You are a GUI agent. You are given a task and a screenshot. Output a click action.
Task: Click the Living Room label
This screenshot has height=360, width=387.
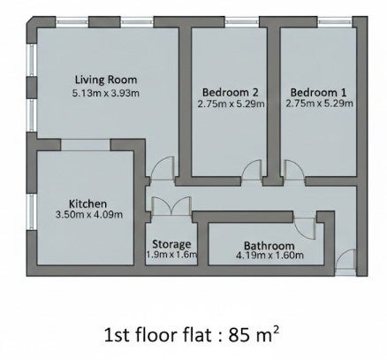[x=106, y=80]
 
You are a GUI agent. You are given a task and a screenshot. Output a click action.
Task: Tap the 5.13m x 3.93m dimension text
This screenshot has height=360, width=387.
[x=106, y=93]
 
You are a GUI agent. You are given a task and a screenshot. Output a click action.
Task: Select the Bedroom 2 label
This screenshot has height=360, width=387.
[x=230, y=92]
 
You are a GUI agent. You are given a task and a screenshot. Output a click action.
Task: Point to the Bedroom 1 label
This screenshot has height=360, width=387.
[x=318, y=92]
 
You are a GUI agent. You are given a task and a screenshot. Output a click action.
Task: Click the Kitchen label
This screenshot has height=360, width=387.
[x=87, y=203]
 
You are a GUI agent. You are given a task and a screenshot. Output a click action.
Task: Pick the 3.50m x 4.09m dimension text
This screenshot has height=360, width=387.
[x=89, y=214]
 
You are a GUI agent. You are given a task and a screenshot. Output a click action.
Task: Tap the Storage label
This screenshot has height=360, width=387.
[x=171, y=244]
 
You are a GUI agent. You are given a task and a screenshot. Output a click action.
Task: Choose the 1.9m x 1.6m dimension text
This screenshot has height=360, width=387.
[x=171, y=254]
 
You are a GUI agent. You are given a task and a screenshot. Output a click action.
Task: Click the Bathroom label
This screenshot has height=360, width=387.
[x=269, y=245]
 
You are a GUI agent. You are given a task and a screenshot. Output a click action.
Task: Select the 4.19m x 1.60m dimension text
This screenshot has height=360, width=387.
[x=269, y=255]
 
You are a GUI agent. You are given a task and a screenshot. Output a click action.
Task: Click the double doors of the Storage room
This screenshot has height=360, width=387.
[x=171, y=206]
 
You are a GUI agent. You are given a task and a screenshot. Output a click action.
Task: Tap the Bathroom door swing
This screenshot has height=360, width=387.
[x=305, y=228]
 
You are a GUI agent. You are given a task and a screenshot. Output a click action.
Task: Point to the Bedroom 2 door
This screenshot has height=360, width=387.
[x=251, y=170]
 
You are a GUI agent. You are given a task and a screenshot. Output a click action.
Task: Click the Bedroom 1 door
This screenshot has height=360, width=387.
[x=294, y=170]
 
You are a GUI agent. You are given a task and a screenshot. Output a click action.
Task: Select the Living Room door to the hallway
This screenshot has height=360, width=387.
[x=163, y=168]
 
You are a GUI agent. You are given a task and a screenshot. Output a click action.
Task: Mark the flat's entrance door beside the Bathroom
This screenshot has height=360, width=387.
[x=345, y=261]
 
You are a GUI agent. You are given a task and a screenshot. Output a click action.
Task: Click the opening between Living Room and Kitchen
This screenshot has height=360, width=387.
[x=86, y=145]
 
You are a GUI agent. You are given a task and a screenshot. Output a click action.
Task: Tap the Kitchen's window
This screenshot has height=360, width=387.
[x=32, y=211]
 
